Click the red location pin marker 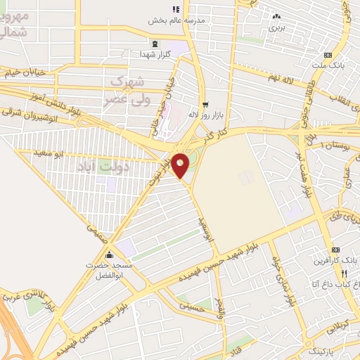pos(181,166)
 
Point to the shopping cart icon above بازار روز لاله pos(205,103)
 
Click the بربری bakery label pos(275,29)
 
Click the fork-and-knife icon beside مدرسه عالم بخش pos(176,8)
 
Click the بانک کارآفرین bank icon pos(336,250)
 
